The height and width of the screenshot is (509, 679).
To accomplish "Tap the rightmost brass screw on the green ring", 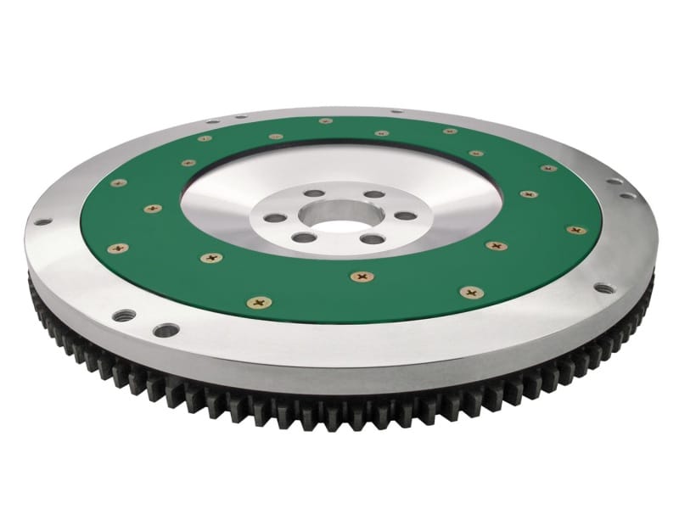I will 576,229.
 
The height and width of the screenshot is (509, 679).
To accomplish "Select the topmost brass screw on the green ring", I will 326,120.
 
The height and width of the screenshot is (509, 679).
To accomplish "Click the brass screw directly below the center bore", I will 362,276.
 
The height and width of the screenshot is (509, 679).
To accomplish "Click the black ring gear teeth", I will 339,399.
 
